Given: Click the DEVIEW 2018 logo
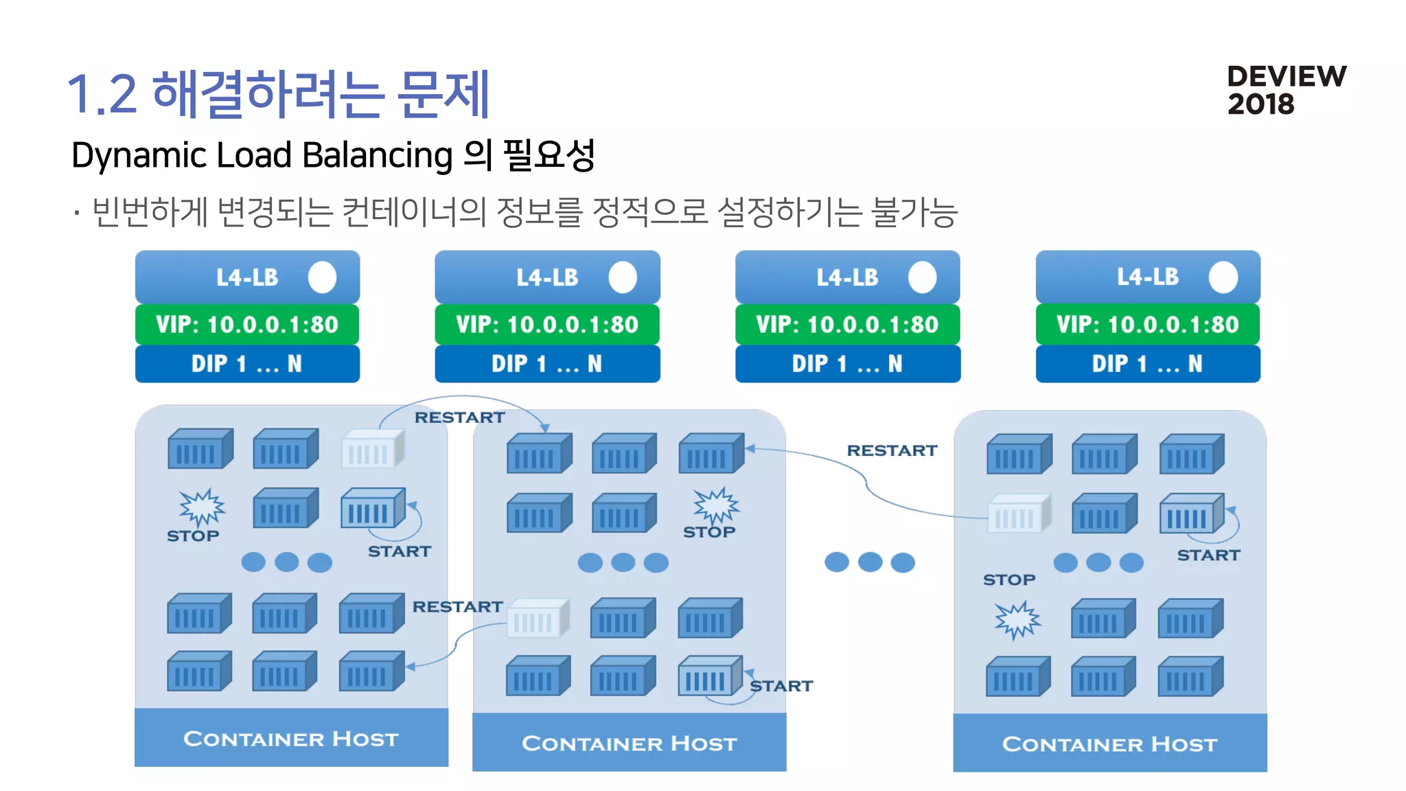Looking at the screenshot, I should coord(1285,90).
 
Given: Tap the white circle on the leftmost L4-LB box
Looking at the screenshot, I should coord(322,277).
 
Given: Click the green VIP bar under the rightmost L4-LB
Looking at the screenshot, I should coord(1147,324).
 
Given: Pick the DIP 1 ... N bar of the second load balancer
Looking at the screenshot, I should coord(547,364).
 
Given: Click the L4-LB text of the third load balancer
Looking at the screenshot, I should coord(846,277).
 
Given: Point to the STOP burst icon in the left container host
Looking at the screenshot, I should coord(201,507).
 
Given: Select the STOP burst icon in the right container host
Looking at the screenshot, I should coord(1017,619).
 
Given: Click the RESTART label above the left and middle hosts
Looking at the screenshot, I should coord(459,417).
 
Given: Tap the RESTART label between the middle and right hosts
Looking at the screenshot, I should coord(891,450).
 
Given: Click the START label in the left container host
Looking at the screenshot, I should coord(399,551).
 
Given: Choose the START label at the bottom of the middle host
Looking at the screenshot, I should coord(781,686).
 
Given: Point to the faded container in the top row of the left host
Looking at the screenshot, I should coord(371,450).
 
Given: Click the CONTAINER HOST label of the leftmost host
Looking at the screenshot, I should coord(290,739).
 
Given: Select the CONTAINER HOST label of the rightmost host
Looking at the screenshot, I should coord(1109,744).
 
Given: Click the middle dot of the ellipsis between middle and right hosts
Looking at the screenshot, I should coord(869,562).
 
